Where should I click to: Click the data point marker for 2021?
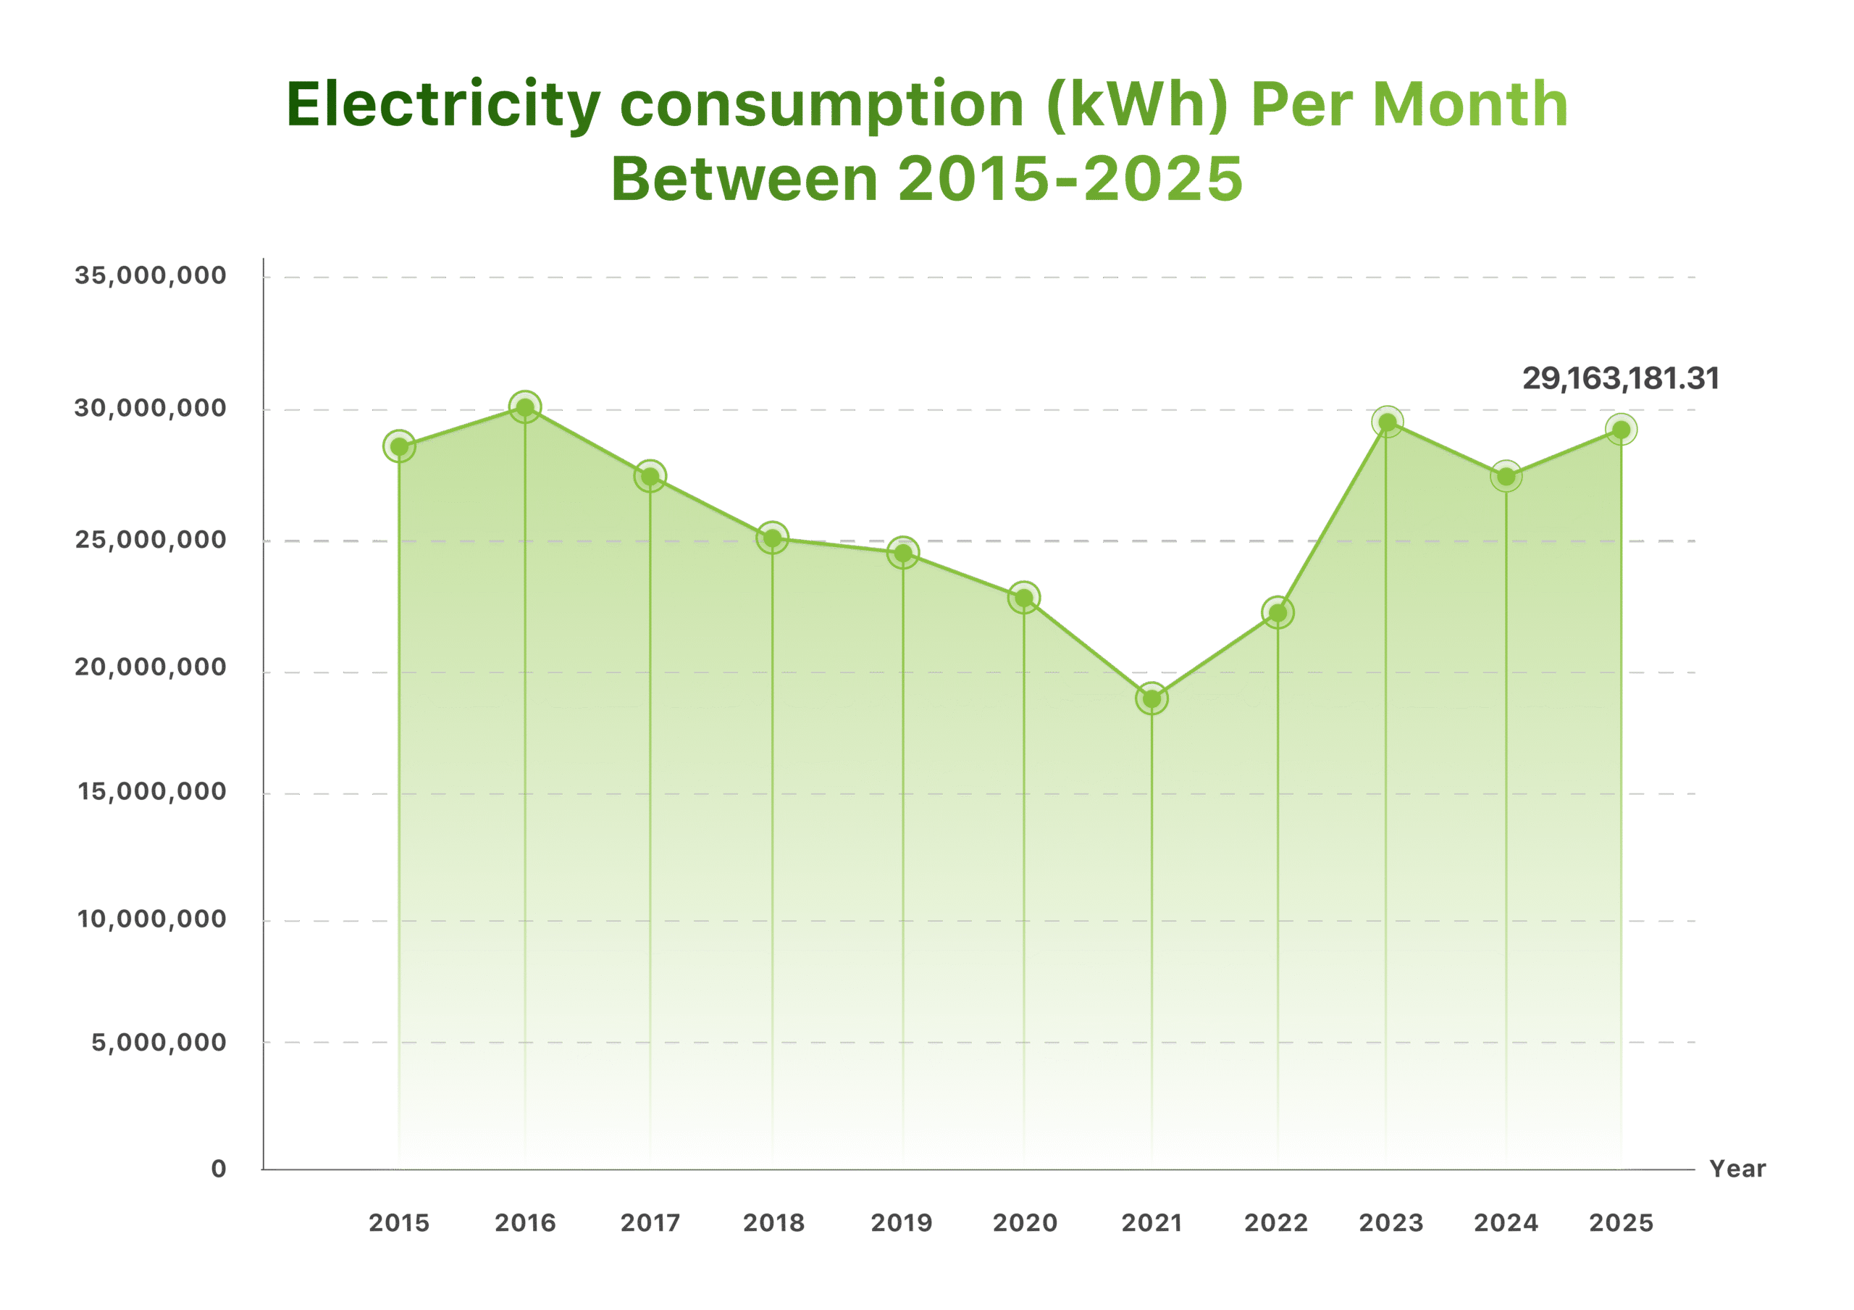[1152, 699]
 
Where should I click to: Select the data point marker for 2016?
[525, 407]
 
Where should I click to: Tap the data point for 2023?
[1388, 422]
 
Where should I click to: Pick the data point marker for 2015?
[399, 445]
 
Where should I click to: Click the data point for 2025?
[1621, 429]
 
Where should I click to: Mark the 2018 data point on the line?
[773, 537]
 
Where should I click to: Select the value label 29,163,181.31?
[1620, 379]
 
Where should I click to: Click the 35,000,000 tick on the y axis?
[150, 275]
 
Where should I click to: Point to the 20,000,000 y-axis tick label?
[150, 667]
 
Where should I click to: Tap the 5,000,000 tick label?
[159, 1043]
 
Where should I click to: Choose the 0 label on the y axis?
[218, 1169]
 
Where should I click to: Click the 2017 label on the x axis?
[650, 1223]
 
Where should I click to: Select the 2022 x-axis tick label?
[1276, 1223]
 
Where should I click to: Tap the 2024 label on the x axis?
[1505, 1223]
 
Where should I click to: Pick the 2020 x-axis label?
[1025, 1223]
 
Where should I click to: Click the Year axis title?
[1737, 1169]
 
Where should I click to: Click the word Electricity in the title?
[443, 106]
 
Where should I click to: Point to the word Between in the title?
[744, 178]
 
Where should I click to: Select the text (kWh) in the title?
[1137, 106]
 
